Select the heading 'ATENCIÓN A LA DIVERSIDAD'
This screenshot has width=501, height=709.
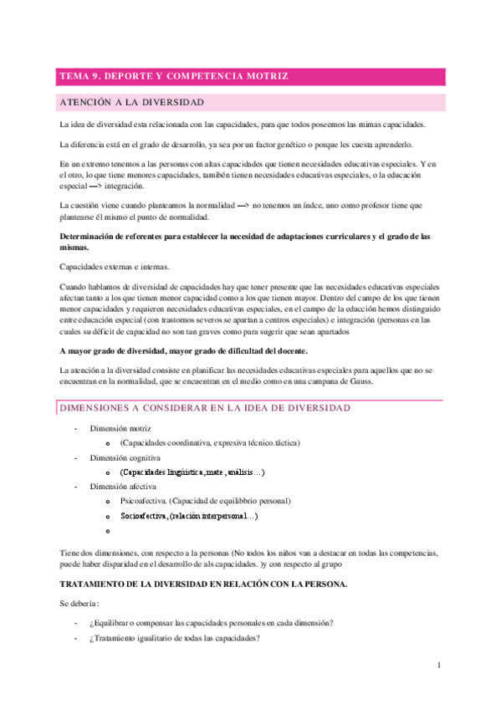coord(132,103)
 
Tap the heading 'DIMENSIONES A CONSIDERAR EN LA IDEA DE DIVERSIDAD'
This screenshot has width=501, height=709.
coord(205,407)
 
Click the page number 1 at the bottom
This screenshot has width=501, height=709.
coord(437,666)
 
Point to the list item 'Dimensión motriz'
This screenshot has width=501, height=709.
coord(121,428)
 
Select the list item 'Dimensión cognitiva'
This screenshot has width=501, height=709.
coord(125,458)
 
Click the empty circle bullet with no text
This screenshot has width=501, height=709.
coord(108,531)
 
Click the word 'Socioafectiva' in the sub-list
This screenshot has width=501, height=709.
coord(144,516)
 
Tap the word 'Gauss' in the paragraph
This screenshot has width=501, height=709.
coord(364,382)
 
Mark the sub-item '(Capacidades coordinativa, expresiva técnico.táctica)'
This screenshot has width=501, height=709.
coord(209,443)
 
